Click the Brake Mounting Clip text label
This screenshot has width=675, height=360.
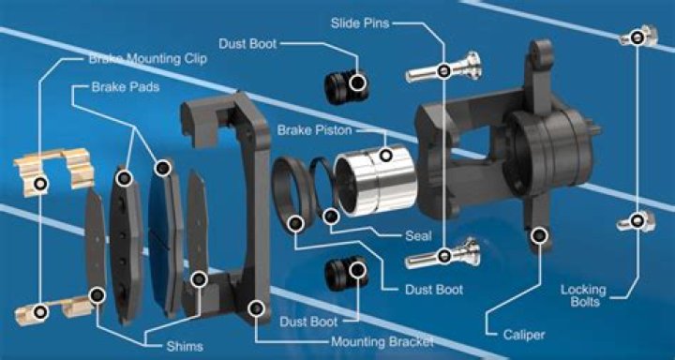[x=148, y=58]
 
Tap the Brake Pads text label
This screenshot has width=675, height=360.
[x=126, y=87]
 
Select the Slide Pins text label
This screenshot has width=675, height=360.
[x=360, y=22]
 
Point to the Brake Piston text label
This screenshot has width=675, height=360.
[x=314, y=130]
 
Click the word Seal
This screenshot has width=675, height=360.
[x=418, y=236]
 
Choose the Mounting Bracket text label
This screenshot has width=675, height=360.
[x=382, y=342]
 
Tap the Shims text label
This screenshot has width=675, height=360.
[x=185, y=347]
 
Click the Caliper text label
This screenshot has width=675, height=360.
[x=524, y=335]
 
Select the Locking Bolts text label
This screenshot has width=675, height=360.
[x=583, y=295]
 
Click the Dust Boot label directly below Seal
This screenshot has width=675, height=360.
[x=434, y=290]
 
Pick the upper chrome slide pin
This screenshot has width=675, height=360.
[x=442, y=68]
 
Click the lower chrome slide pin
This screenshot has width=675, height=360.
[x=442, y=254]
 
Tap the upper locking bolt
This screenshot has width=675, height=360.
[x=638, y=37]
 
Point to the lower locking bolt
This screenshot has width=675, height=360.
[x=637, y=221]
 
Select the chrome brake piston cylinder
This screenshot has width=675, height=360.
[x=375, y=180]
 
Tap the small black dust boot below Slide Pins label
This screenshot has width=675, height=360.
[x=347, y=86]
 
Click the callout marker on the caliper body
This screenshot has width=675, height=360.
[x=539, y=235]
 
